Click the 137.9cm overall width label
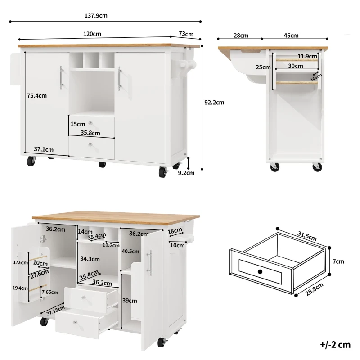click(x=96, y=15)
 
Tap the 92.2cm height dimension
click(x=214, y=103)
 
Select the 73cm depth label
click(x=186, y=34)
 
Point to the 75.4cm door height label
click(x=37, y=95)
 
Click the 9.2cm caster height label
click(x=186, y=172)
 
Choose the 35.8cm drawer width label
click(x=90, y=133)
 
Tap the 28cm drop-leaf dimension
click(x=241, y=36)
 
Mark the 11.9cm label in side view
click(x=307, y=56)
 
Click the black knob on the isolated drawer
click(x=260, y=271)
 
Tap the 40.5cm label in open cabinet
click(x=130, y=252)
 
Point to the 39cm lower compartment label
click(x=130, y=301)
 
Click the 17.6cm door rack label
click(x=20, y=262)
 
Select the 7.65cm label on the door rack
click(x=49, y=292)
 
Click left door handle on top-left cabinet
click(x=61, y=78)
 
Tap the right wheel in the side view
click(x=317, y=167)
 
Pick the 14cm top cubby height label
click(x=85, y=231)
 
